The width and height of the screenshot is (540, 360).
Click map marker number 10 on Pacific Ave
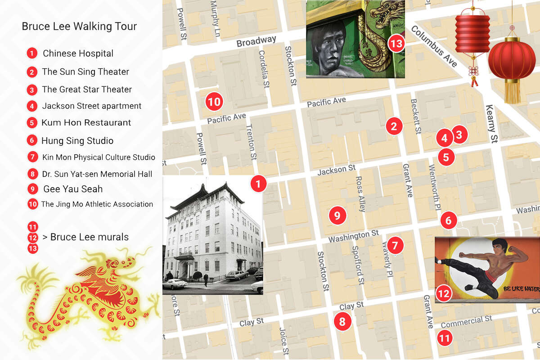pyautogui.click(x=215, y=102)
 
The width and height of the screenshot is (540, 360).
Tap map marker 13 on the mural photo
pyautogui.click(x=396, y=44)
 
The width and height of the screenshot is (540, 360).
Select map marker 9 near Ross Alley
pyautogui.click(x=337, y=216)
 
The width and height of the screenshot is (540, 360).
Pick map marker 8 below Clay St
pyautogui.click(x=342, y=321)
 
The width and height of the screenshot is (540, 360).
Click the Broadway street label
pyautogui.click(x=256, y=41)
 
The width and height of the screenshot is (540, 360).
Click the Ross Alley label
pyautogui.click(x=360, y=194)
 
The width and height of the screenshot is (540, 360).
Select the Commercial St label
pyautogui.click(x=466, y=322)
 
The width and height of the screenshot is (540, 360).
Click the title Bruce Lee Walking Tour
pyautogui.click(x=79, y=26)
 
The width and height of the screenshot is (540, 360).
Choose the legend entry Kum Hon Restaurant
pyautogui.click(x=86, y=122)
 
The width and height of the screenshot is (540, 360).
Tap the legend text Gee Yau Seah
pyautogui.click(x=73, y=189)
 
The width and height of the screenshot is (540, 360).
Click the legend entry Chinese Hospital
pyautogui.click(x=78, y=54)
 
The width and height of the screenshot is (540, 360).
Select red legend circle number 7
pyautogui.click(x=32, y=157)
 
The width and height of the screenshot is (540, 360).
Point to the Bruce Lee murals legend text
pyautogui.click(x=89, y=237)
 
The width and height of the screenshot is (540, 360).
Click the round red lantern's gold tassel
pyautogui.click(x=512, y=92)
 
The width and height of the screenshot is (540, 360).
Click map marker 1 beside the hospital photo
pyautogui.click(x=258, y=184)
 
